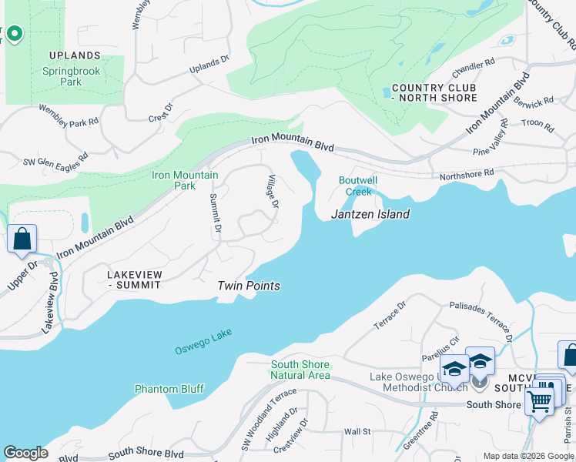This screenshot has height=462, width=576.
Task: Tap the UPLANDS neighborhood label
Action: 75,55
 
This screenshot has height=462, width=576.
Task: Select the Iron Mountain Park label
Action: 185,180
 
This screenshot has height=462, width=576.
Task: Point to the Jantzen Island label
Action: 370,214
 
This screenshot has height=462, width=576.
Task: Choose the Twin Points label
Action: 248,286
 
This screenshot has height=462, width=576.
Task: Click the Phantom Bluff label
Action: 169,389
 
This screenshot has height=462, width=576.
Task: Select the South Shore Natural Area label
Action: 300,370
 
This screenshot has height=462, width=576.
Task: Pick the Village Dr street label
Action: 272,193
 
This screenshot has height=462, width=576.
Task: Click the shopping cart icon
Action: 540,400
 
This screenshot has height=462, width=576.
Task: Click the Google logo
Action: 25,453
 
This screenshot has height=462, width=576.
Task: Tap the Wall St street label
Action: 357,432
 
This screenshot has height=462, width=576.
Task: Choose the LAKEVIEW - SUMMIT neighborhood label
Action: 135,279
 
